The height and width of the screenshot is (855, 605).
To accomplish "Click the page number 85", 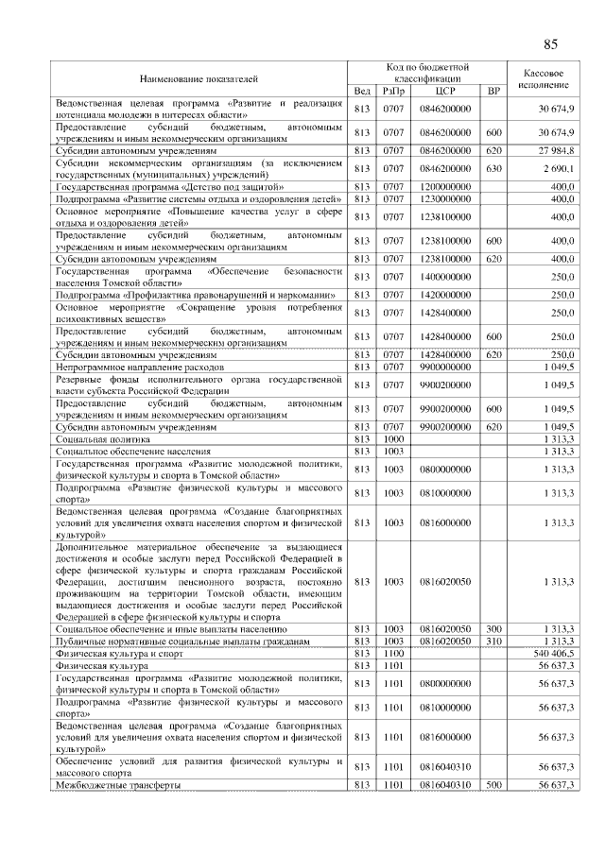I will click(x=550, y=44).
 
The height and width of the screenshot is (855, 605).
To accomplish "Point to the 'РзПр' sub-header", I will click(x=393, y=91).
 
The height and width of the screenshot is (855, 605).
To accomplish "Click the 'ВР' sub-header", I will click(x=493, y=91).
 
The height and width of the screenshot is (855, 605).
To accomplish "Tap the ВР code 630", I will click(x=493, y=167).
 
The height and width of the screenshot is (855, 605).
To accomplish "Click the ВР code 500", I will click(x=493, y=785).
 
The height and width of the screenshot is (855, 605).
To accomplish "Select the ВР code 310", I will click(x=493, y=641).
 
